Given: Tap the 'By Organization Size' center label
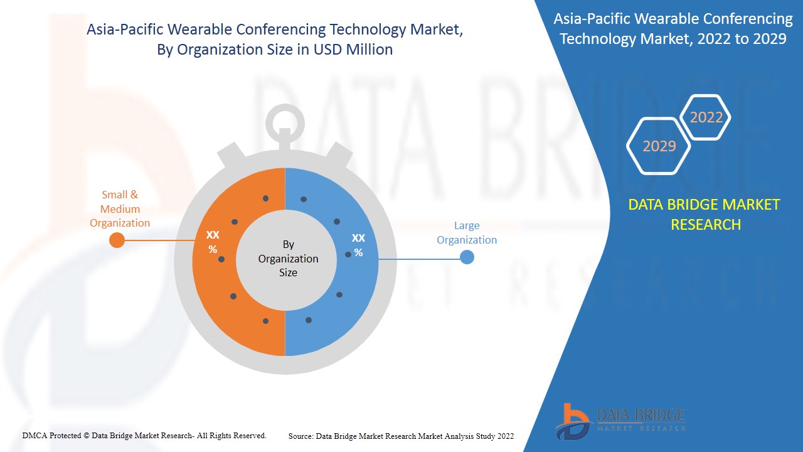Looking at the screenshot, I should pyautogui.click(x=288, y=258).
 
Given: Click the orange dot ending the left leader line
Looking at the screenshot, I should pyautogui.click(x=117, y=240).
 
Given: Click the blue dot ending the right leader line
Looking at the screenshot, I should pyautogui.click(x=467, y=257).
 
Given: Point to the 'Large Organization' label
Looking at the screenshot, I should pyautogui.click(x=467, y=232).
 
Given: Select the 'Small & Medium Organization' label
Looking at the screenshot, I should pyautogui.click(x=120, y=209).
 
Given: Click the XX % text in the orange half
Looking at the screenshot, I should pyautogui.click(x=213, y=242).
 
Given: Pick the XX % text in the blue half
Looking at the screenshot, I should pyautogui.click(x=358, y=245).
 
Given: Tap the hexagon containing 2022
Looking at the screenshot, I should pyautogui.click(x=706, y=117).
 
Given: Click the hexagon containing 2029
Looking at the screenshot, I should pyautogui.click(x=659, y=146).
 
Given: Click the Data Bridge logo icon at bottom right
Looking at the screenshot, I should pyautogui.click(x=572, y=421).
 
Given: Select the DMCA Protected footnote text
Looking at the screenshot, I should pyautogui.click(x=144, y=436).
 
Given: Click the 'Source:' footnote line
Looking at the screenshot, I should pyautogui.click(x=401, y=436).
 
